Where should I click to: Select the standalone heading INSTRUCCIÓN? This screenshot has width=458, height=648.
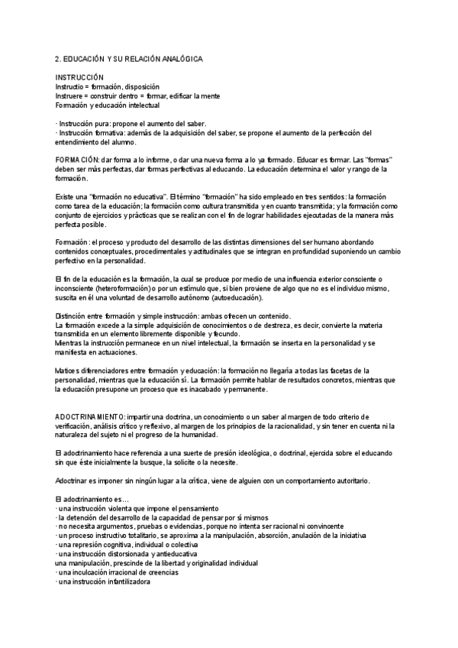pos(79,79)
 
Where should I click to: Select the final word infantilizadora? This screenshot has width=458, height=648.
pos(123,582)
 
